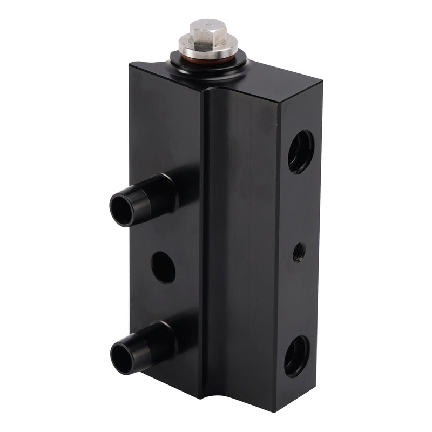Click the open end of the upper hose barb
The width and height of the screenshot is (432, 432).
[123, 208]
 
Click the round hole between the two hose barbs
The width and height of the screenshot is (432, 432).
[163, 267]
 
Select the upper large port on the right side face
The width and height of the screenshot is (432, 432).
[300, 152]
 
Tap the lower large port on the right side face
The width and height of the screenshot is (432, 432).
[298, 356]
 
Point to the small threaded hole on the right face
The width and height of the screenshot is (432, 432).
[298, 252]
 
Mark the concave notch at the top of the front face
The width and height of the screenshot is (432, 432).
[216, 92]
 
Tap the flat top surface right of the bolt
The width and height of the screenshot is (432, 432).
[281, 81]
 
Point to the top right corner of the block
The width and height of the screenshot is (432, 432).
[322, 82]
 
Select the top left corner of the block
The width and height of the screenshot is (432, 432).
[130, 64]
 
